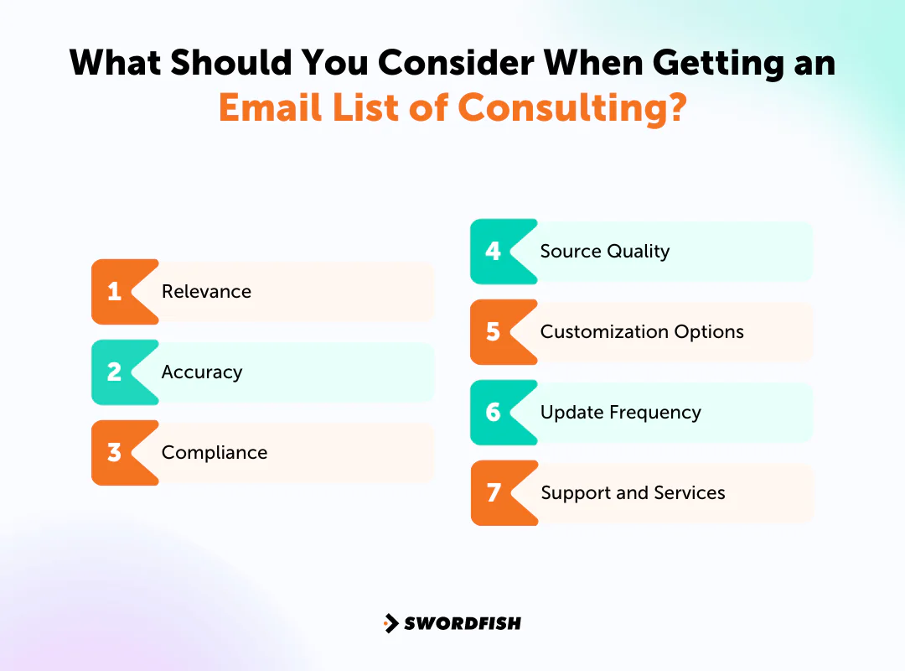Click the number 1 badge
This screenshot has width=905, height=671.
(x=115, y=292)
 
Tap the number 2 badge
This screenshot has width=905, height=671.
(x=115, y=372)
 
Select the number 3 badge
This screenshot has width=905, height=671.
(x=115, y=453)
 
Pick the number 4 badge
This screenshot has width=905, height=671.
(x=494, y=252)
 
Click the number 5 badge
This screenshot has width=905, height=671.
(x=494, y=332)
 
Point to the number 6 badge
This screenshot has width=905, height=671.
(x=494, y=413)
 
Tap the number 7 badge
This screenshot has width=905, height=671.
(x=494, y=493)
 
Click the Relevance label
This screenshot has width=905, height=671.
(x=206, y=292)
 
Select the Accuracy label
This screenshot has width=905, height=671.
(x=202, y=372)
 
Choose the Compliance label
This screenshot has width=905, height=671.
(x=215, y=453)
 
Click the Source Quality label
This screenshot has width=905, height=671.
(x=604, y=252)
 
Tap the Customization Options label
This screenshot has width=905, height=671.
(x=642, y=332)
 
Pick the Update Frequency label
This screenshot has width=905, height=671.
(x=620, y=413)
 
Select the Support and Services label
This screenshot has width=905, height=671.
(x=633, y=493)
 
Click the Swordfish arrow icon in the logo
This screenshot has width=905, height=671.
(x=391, y=623)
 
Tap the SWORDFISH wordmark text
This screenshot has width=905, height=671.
(x=463, y=623)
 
